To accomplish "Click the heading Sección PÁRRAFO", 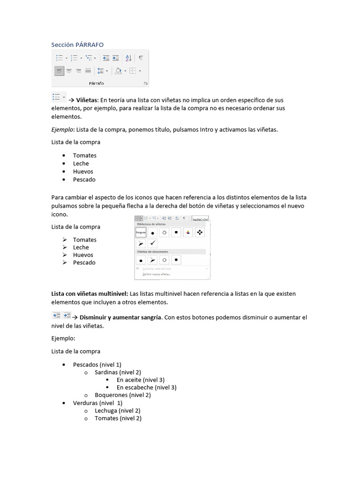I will [x=77, y=45].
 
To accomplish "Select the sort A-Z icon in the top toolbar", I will [x=129, y=58].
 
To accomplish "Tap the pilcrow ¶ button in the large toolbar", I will [x=141, y=58].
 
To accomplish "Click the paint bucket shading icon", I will [x=118, y=71].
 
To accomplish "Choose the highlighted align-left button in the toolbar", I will [x=59, y=71].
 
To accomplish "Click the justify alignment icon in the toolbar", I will [x=88, y=71].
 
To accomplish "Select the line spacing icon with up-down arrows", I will [x=100, y=71].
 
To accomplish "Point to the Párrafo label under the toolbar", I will [x=96, y=83].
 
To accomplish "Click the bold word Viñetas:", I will [x=88, y=100].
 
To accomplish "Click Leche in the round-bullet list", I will [x=81, y=164].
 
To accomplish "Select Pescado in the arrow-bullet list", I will [x=84, y=262].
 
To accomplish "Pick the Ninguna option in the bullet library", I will [x=141, y=232].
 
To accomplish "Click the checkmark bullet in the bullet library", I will [x=152, y=243].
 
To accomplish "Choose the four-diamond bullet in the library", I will [x=199, y=232].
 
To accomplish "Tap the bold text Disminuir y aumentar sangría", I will [x=120, y=317].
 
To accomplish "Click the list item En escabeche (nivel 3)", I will [x=146, y=388].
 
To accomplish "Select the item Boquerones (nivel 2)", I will [x=122, y=395].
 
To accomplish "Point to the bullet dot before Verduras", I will [x=63, y=403].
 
